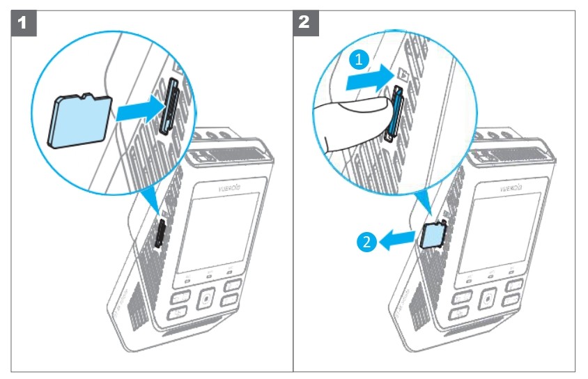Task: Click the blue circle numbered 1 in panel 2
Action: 357,61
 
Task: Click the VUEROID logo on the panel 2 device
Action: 513,187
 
